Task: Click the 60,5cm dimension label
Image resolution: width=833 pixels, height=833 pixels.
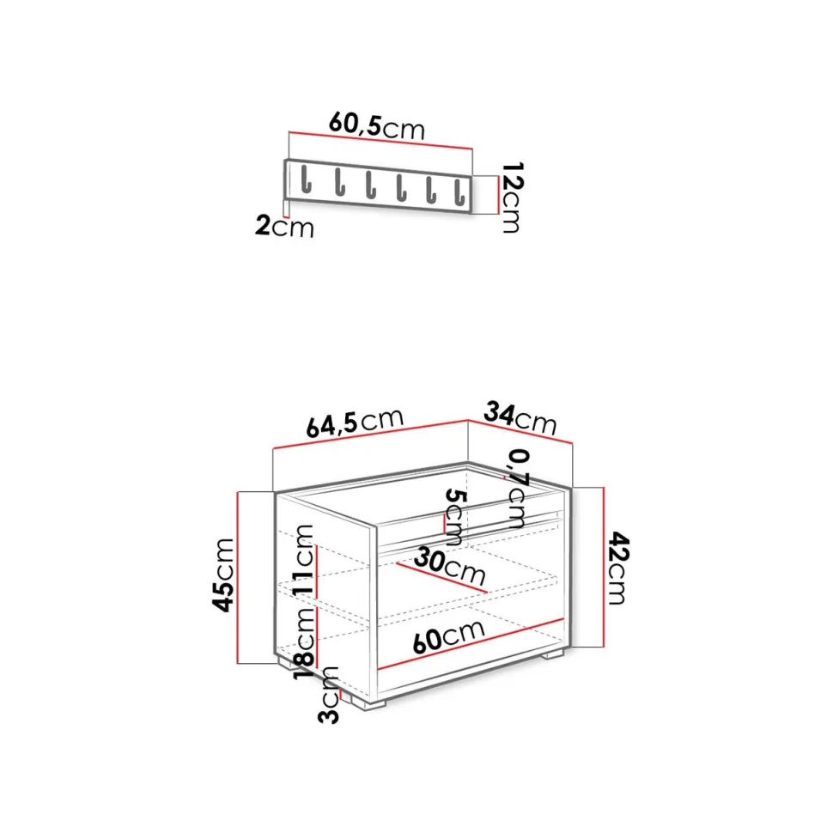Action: tap(377, 126)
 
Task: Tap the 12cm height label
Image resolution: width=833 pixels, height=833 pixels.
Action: tap(512, 198)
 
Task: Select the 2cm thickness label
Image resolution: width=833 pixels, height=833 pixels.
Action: tap(285, 226)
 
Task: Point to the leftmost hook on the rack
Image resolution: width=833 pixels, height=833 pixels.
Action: tap(306, 179)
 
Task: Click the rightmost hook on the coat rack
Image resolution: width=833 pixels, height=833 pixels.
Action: tap(460, 193)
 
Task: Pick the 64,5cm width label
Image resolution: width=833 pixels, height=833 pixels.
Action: tap(355, 423)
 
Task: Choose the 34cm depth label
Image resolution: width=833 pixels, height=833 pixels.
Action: tap(520, 418)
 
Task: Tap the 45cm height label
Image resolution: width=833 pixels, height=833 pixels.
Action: tap(223, 575)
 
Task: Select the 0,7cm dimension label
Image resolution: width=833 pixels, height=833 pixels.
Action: tap(519, 489)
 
